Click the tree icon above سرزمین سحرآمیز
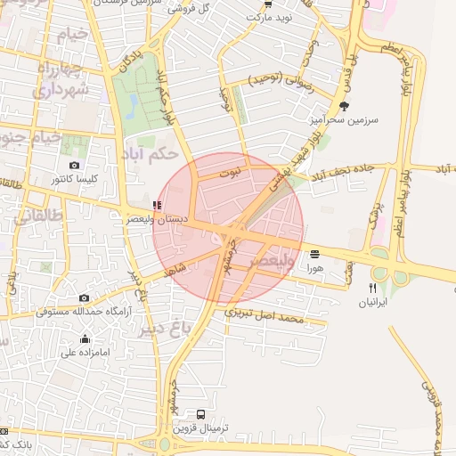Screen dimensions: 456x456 pyautogui.click(x=346, y=106)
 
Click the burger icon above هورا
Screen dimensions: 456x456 pyautogui.click(x=314, y=254)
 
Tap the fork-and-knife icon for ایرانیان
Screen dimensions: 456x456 pyautogui.click(x=372, y=288)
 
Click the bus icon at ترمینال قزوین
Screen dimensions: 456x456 pyautogui.click(x=201, y=414)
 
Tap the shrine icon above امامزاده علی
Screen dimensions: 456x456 pyautogui.click(x=85, y=338)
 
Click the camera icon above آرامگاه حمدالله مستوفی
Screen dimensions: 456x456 pyautogui.click(x=84, y=297)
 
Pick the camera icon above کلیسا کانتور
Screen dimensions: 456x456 pyautogui.click(x=74, y=165)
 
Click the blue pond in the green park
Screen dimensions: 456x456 pyautogui.click(x=134, y=107)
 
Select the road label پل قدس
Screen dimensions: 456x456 pyautogui.click(x=349, y=66)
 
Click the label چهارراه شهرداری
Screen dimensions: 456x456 pyautogui.click(x=62, y=79)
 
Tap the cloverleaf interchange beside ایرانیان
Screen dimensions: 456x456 pyautogui.click(x=392, y=266)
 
